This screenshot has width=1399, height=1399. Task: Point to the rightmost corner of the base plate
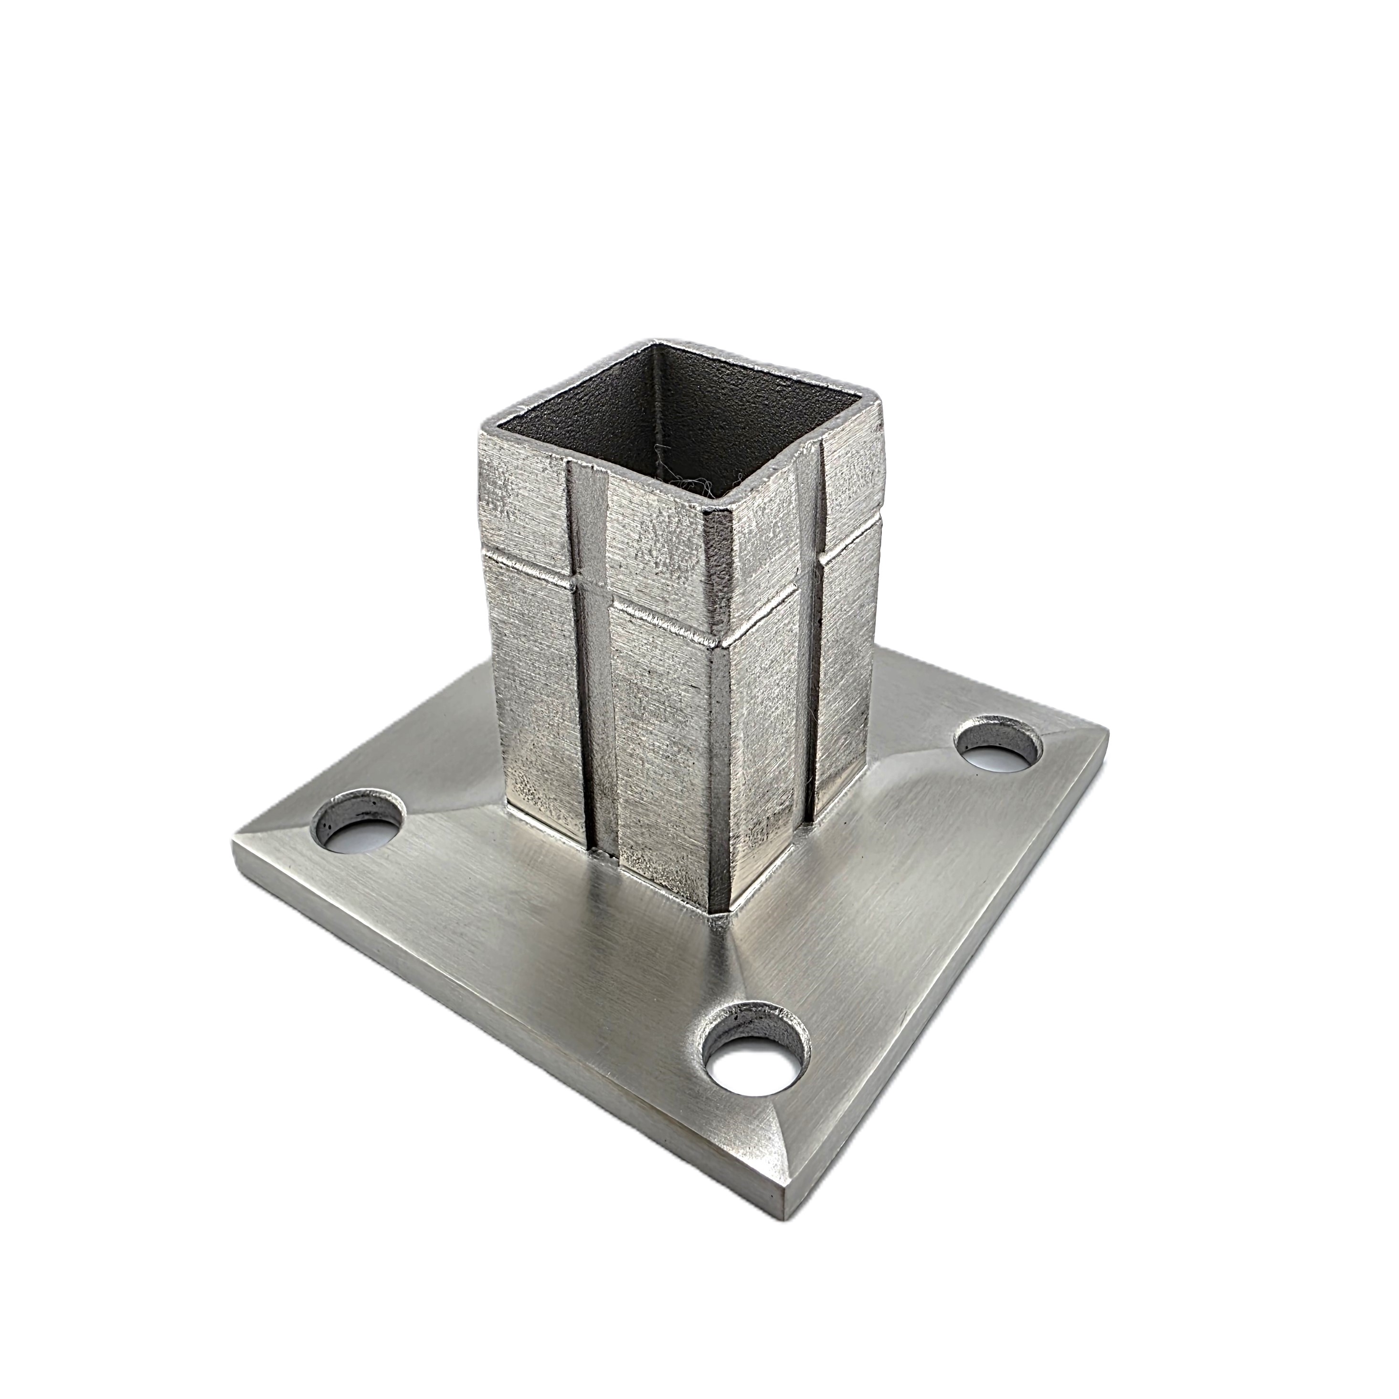click(x=1106, y=733)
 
